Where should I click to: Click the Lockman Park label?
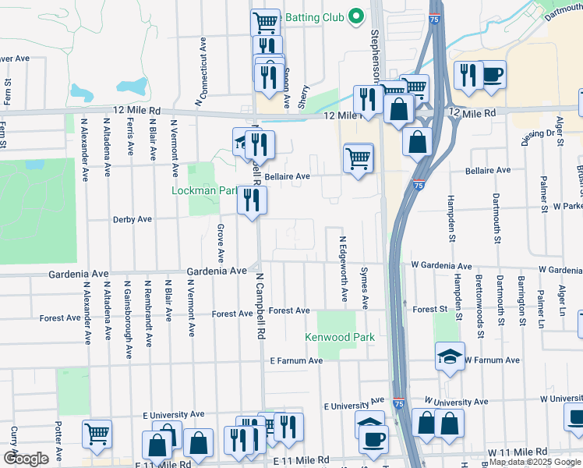click(x=205, y=190)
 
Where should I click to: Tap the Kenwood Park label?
click(x=340, y=338)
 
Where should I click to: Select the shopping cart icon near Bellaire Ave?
click(x=358, y=158)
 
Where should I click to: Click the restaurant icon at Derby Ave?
click(x=253, y=200)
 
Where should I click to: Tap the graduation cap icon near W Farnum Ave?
click(x=450, y=356)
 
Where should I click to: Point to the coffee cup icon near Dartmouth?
click(x=491, y=76)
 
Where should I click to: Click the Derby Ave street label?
click(x=132, y=220)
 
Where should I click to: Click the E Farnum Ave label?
click(x=296, y=361)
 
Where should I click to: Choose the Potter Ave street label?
click(x=58, y=441)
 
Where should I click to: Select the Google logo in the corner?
click(x=26, y=459)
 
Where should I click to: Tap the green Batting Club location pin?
click(x=355, y=16)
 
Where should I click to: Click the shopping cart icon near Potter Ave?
click(x=97, y=434)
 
